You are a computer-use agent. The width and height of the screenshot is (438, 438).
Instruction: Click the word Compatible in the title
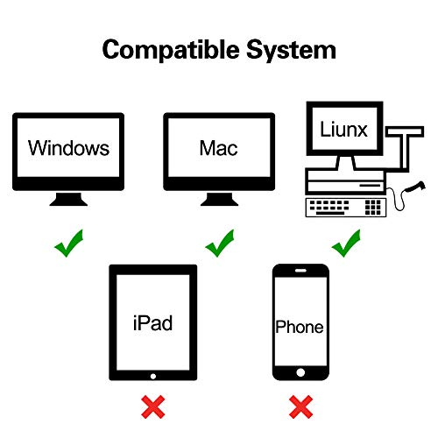point(171,50)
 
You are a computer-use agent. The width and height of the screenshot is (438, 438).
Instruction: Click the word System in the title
point(291,50)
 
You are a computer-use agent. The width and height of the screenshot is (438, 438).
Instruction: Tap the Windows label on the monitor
point(68,148)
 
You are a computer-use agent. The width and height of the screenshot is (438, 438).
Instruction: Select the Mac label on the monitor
point(218,148)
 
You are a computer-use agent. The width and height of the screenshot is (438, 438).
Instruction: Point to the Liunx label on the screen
point(343,129)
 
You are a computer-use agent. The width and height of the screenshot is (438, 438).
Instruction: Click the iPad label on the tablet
point(152,323)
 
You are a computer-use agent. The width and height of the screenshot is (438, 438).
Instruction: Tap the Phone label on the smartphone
point(300,327)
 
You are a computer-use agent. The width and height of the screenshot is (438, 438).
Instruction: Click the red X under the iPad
point(153,406)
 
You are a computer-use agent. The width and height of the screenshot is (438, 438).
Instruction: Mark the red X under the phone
point(300,406)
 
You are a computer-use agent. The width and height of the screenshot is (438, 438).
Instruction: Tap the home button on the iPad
point(153,377)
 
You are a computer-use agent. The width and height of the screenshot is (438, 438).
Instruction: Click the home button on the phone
point(300,372)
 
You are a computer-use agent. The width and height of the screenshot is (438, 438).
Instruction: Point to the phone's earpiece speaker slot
point(300,271)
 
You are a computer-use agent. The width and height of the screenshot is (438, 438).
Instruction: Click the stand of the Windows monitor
point(68,199)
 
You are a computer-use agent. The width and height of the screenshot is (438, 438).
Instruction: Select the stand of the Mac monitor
point(219,199)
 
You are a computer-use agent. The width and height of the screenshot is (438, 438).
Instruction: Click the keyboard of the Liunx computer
point(346,208)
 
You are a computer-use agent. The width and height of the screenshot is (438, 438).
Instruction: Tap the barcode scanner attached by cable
point(415,187)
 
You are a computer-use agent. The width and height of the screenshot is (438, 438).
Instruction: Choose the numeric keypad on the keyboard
point(373,208)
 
